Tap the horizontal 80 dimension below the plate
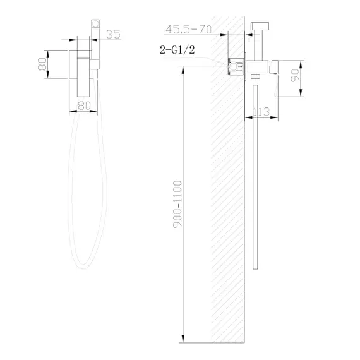83,106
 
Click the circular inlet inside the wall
234,64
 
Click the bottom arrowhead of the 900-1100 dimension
183,336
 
